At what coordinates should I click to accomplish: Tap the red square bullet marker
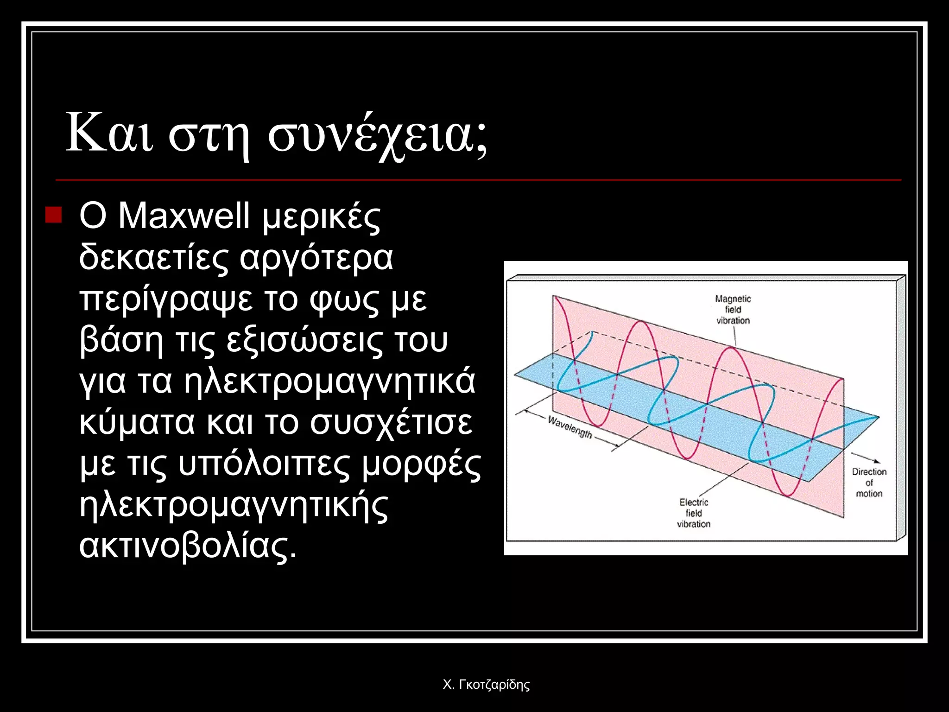pos(54,215)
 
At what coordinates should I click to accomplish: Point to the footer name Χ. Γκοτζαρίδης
pos(486,685)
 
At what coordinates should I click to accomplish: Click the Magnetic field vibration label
pos(733,310)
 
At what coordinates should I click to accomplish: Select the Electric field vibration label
pos(693,513)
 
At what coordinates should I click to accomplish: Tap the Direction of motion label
pos(869,483)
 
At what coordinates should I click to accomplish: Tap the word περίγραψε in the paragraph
pos(166,299)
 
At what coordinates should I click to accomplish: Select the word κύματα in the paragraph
pos(137,423)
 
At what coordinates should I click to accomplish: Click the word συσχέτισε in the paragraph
pos(391,423)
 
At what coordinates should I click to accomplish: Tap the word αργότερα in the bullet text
pos(316,257)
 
